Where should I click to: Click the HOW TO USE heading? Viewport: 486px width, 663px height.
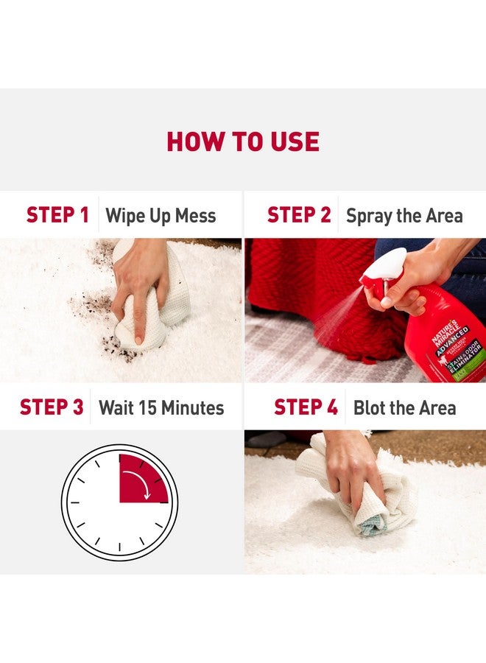click(x=243, y=141)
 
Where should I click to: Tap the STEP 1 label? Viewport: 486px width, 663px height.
click(x=57, y=215)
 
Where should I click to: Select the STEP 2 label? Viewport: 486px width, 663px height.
click(x=299, y=215)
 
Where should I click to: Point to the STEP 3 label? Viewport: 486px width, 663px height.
click(x=52, y=407)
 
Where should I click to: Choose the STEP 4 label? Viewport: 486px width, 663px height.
click(x=306, y=407)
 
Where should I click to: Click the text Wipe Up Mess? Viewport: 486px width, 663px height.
click(x=161, y=216)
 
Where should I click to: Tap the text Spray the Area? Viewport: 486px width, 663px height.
click(x=404, y=216)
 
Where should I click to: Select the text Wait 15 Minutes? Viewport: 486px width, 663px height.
click(x=161, y=408)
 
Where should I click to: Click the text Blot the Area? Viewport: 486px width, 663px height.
click(x=404, y=408)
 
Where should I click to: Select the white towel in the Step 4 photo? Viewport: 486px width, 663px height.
click(x=368, y=508)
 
